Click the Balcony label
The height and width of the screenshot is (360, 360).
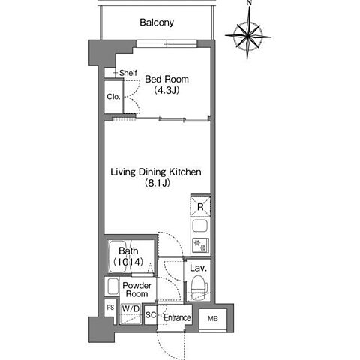pyautogui.click(x=157, y=22)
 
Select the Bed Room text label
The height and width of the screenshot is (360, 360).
pyautogui.click(x=166, y=79)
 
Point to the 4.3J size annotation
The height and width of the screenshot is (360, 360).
pyautogui.click(x=166, y=90)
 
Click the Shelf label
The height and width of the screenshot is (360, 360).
pyautogui.click(x=128, y=73)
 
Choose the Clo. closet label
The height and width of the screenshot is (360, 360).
pyautogui.click(x=113, y=97)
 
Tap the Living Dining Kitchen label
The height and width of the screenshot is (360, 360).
pyautogui.click(x=156, y=172)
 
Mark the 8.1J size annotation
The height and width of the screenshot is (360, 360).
pyautogui.click(x=157, y=183)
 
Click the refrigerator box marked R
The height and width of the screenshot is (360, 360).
pyautogui.click(x=200, y=207)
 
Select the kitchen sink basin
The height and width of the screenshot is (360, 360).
pyautogui.click(x=200, y=226)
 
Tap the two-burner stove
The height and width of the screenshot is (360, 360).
pyautogui.click(x=200, y=245)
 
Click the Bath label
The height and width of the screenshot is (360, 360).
pyautogui.click(x=128, y=250)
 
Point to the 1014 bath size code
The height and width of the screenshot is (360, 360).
pyautogui.click(x=128, y=262)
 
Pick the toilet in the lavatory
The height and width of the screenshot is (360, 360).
pyautogui.click(x=199, y=285)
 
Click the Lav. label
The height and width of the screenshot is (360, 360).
pyautogui.click(x=198, y=268)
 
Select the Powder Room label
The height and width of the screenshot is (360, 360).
pyautogui.click(x=136, y=289)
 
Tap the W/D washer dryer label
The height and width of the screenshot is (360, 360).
pyautogui.click(x=130, y=309)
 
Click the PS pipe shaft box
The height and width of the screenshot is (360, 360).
pyautogui.click(x=110, y=307)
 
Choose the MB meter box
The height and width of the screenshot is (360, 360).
pyautogui.click(x=213, y=319)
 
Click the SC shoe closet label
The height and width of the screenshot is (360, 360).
pyautogui.click(x=151, y=315)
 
